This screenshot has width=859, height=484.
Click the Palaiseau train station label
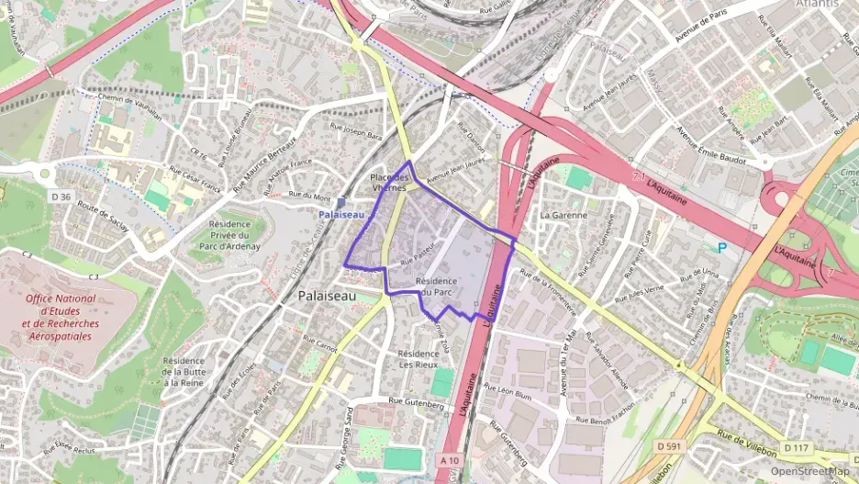click(x=341, y=214)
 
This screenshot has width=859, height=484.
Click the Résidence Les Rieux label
click(x=418, y=358)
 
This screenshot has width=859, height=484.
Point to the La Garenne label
click(x=563, y=215)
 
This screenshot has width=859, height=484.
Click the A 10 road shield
click(x=449, y=459)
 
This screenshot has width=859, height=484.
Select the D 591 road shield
click(x=669, y=446)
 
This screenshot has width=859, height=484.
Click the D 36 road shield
click(x=61, y=196)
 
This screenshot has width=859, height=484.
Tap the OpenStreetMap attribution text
click(x=809, y=471)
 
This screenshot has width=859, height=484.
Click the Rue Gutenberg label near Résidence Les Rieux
click(x=416, y=402)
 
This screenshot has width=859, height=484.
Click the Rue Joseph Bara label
click(x=355, y=134)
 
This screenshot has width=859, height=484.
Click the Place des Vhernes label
click(x=389, y=181)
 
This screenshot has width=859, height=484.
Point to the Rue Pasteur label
click(x=417, y=261)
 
